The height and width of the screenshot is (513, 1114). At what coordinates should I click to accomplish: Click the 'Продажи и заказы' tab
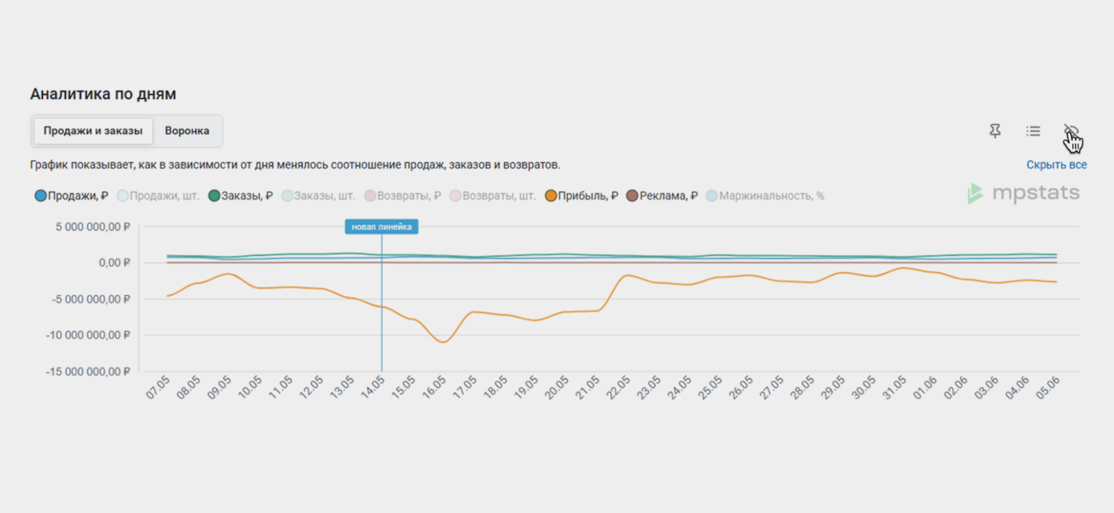93,131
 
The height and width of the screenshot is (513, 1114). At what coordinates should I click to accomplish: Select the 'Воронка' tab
187,131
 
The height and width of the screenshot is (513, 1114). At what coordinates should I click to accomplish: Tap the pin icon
995,131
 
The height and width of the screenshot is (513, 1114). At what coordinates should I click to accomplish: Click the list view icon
1033,131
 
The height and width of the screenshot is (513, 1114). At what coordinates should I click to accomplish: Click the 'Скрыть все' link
1056,165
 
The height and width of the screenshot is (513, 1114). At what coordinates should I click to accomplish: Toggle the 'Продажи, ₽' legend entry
71,196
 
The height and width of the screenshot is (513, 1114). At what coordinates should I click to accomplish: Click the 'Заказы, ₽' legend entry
241,196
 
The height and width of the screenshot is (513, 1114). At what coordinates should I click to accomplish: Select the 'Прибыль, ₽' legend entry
581,196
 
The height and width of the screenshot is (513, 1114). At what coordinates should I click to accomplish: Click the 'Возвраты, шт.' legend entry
493,196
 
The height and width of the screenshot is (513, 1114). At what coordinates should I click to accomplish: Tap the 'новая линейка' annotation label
381,227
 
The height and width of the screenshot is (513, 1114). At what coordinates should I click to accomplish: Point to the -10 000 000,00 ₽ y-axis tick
88,335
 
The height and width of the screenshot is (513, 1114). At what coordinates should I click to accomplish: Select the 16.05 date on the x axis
434,387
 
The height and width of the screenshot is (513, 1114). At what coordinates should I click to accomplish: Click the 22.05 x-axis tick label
618,387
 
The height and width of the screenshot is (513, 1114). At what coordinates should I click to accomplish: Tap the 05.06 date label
1047,387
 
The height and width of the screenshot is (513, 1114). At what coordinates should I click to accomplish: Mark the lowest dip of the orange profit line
444,342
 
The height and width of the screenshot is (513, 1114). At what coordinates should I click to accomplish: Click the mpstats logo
1023,193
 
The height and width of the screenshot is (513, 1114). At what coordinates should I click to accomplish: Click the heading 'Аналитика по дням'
103,94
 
